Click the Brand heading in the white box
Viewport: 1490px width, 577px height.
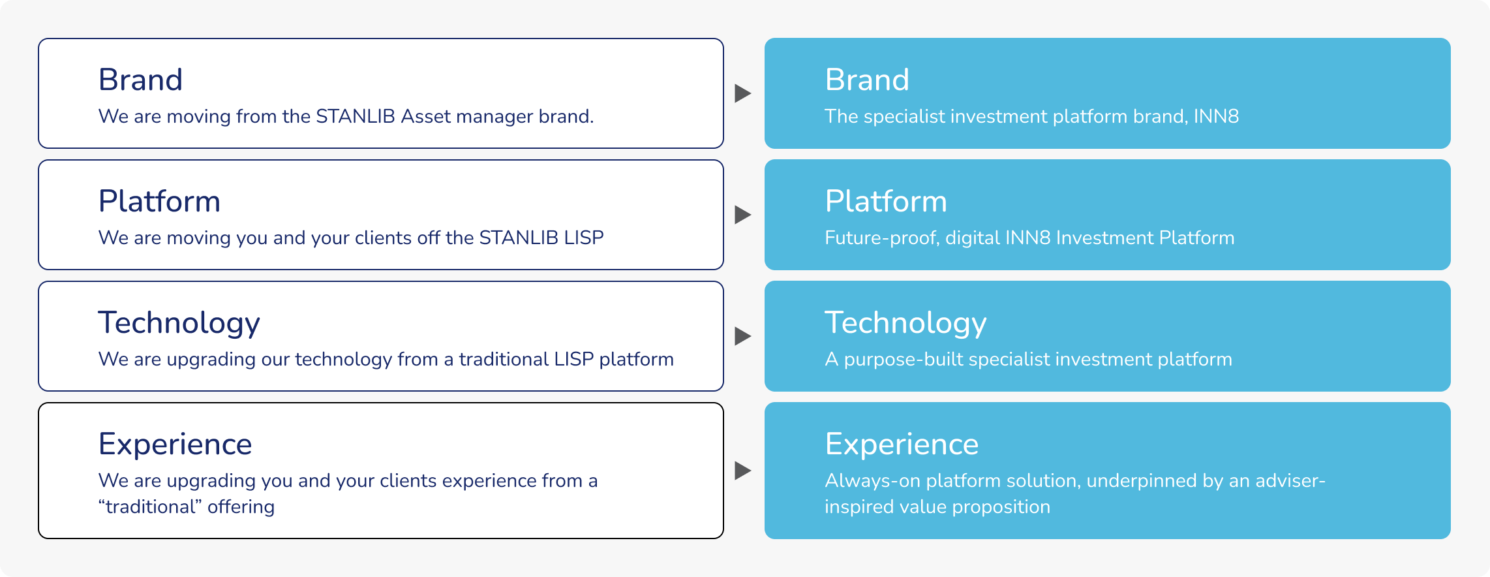(x=140, y=80)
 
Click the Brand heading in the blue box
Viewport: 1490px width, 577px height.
(x=867, y=80)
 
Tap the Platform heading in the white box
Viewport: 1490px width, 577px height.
(x=159, y=201)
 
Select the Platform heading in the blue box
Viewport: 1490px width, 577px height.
(x=885, y=201)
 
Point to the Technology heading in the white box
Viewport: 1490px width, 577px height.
(x=179, y=323)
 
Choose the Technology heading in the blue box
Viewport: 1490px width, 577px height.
(x=905, y=323)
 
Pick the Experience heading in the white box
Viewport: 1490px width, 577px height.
(x=175, y=444)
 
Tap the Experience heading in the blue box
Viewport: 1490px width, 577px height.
(x=902, y=444)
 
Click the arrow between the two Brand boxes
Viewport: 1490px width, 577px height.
(x=743, y=93)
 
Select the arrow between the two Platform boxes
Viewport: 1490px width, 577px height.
(x=743, y=215)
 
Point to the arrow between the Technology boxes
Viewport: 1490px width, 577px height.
(x=743, y=336)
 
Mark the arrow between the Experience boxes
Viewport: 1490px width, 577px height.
(x=743, y=471)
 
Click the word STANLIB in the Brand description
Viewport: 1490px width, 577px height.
(x=356, y=116)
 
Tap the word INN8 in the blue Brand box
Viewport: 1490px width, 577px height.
(x=1216, y=116)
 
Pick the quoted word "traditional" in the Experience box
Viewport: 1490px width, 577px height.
(x=150, y=507)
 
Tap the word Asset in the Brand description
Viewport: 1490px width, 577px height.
(x=425, y=116)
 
